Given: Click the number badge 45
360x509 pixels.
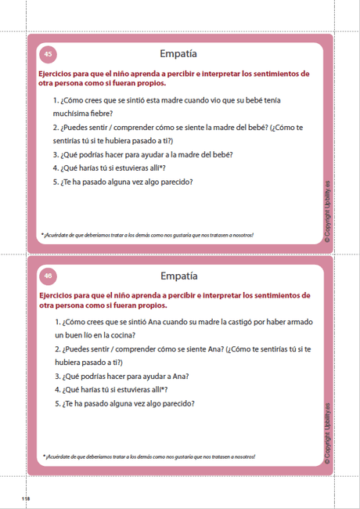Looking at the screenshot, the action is [x=48, y=55].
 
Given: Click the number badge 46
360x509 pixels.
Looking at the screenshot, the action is [x=48, y=276].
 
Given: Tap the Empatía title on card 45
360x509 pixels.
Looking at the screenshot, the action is [x=178, y=55].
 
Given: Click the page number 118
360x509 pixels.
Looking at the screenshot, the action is [x=25, y=498].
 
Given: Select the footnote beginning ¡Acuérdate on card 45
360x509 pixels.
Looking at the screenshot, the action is [x=147, y=235].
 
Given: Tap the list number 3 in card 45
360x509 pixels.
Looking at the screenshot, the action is [x=56, y=154].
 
